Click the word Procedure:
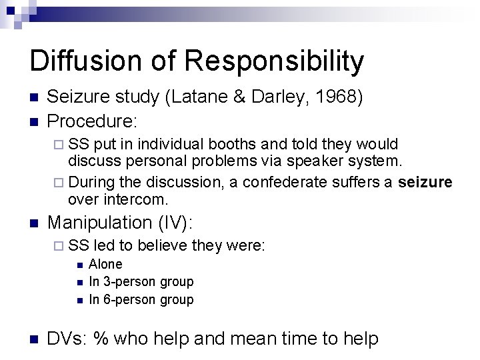pyautogui.click(x=93, y=121)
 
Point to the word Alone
pyautogui.click(x=105, y=265)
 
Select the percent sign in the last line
pyautogui.click(x=102, y=338)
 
